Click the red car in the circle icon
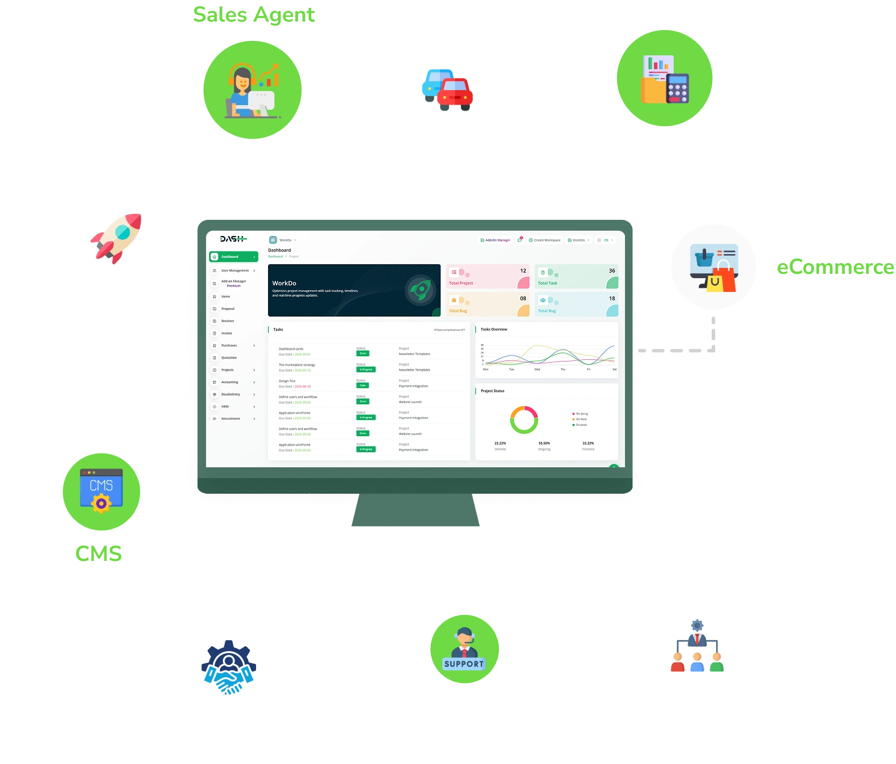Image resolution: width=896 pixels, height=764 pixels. (455, 94)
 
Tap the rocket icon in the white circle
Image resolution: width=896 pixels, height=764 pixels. (116, 238)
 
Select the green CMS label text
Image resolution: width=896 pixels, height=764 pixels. (99, 553)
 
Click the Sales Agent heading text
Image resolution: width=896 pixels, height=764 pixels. (254, 14)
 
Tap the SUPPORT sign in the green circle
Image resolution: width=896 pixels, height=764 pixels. (463, 664)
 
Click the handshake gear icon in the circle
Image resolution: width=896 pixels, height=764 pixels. (228, 668)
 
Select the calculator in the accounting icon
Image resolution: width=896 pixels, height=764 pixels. (677, 89)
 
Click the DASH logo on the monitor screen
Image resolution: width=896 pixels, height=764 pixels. (233, 239)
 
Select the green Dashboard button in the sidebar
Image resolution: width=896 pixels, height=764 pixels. (233, 256)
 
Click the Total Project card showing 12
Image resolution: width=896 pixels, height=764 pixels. (488, 276)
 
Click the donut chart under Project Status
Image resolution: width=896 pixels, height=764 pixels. (523, 420)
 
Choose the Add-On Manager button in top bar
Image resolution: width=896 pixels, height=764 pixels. (495, 240)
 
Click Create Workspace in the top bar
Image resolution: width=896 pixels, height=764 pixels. (544, 240)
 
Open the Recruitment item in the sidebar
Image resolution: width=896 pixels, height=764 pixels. (231, 419)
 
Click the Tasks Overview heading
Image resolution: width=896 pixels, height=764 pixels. (494, 329)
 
